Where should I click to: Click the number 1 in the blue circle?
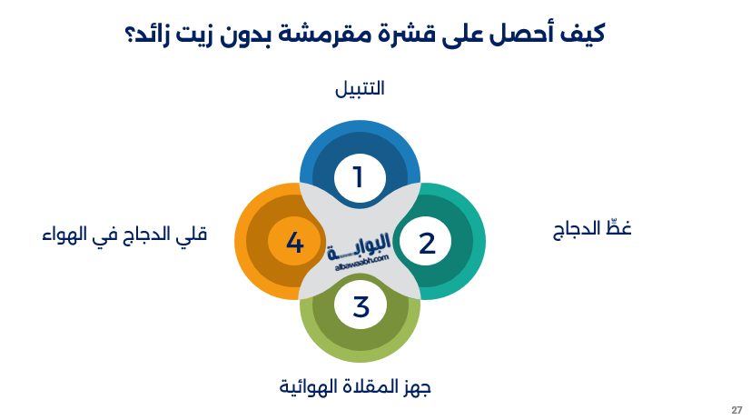(x=358, y=176)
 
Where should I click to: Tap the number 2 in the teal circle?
(x=427, y=243)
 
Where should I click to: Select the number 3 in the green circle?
(x=361, y=307)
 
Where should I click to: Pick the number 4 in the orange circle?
(x=293, y=243)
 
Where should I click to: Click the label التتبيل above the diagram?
(x=360, y=89)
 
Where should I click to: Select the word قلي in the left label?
(x=194, y=234)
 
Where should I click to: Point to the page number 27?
(x=736, y=409)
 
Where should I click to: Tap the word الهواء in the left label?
(x=64, y=234)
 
